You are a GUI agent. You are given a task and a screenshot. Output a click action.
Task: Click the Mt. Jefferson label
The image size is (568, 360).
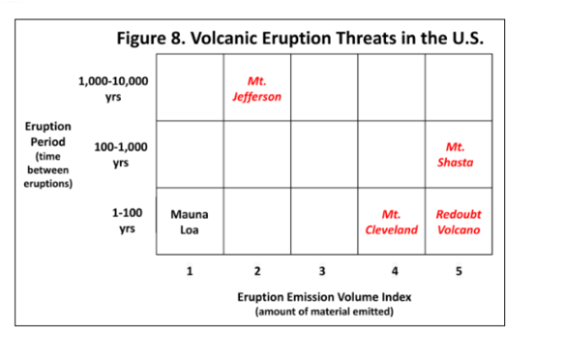[258, 89]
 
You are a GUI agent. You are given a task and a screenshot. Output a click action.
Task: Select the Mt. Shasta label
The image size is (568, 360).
[454, 154]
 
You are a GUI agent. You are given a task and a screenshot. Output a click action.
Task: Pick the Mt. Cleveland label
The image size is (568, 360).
[393, 222]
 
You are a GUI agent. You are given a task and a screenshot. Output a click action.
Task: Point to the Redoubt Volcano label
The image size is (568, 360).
[458, 222]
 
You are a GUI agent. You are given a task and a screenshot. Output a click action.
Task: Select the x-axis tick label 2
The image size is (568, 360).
[258, 270]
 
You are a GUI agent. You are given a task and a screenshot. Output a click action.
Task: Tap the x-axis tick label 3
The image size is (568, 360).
[321, 270]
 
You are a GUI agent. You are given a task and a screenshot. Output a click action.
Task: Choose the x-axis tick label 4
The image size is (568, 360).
[393, 270]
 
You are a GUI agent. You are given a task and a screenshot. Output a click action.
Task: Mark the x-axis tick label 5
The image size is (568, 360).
[458, 270]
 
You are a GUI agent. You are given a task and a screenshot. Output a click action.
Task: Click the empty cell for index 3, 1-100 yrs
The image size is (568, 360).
[323, 221]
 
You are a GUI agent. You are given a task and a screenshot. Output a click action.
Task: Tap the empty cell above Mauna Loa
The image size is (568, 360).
[191, 153]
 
